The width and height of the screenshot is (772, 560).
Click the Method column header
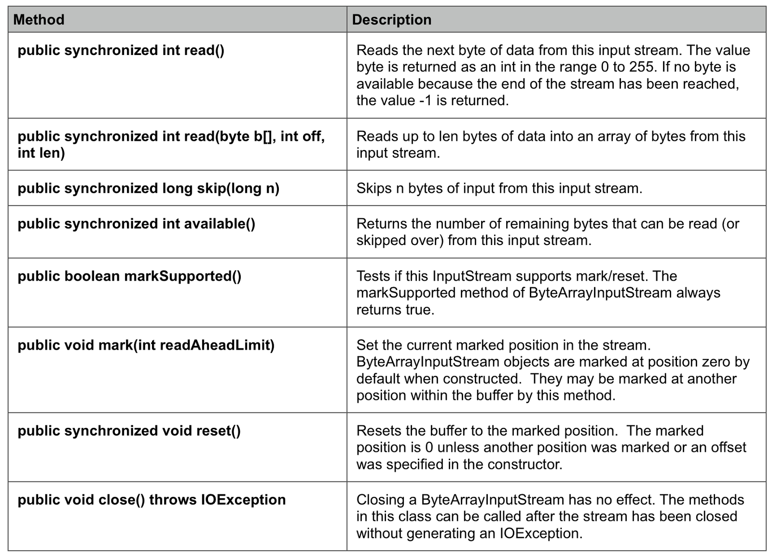coord(39,20)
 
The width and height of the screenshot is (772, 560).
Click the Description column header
coord(391,20)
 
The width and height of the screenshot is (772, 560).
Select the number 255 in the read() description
coord(642,67)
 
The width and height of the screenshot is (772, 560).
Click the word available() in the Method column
coord(220,224)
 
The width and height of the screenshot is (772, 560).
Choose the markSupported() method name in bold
coord(183,276)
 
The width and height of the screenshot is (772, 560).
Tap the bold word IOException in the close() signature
coord(243,500)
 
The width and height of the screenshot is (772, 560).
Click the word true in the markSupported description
coord(419,310)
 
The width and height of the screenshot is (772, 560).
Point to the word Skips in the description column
coord(374,188)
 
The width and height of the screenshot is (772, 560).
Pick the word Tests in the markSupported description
coord(373,276)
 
